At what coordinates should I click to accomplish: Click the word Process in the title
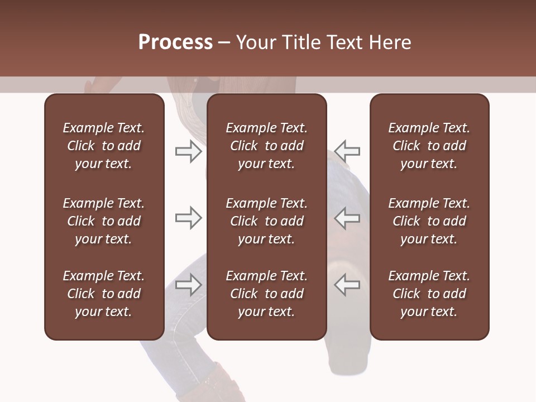[x=175, y=42]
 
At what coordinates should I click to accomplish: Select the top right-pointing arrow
[x=188, y=151]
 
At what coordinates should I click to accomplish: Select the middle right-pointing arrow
[x=188, y=218]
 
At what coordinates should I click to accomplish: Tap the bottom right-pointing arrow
[x=188, y=284]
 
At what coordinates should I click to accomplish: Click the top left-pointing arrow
[x=347, y=151]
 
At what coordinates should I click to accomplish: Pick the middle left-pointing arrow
[x=347, y=218]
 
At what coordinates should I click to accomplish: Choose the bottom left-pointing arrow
[x=347, y=284]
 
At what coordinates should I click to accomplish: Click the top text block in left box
[x=104, y=146]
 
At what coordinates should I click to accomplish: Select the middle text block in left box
[x=104, y=221]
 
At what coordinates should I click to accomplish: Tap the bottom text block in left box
[x=104, y=294]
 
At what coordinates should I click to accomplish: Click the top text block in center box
[x=266, y=146]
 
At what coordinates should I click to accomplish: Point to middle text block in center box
[x=266, y=221]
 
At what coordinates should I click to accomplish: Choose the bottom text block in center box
[x=266, y=294]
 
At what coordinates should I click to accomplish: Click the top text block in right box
[x=429, y=146]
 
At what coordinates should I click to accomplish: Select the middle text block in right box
[x=429, y=221]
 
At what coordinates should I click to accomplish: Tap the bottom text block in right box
[x=429, y=294]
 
